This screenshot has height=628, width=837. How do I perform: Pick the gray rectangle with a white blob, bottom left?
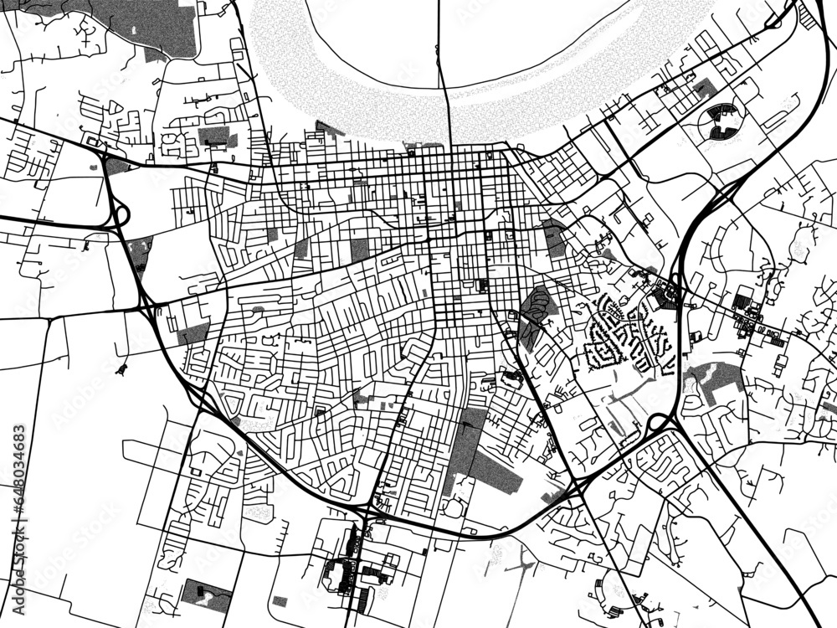(206, 595)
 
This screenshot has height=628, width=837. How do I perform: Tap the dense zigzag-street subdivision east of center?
(632, 335)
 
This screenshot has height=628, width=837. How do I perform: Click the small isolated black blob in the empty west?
(123, 368)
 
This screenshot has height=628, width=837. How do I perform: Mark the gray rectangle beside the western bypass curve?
(193, 334)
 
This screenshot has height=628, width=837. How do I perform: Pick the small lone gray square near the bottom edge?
(280, 600)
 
